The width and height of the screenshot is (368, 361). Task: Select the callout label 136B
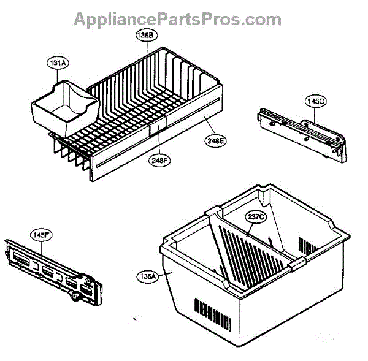coord(145,36)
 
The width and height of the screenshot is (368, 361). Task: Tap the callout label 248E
coord(216,140)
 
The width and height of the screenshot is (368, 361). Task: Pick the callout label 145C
coord(315,101)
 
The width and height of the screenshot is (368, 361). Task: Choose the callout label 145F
coord(40,234)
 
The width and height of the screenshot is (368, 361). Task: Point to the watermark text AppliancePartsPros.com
coord(178,19)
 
